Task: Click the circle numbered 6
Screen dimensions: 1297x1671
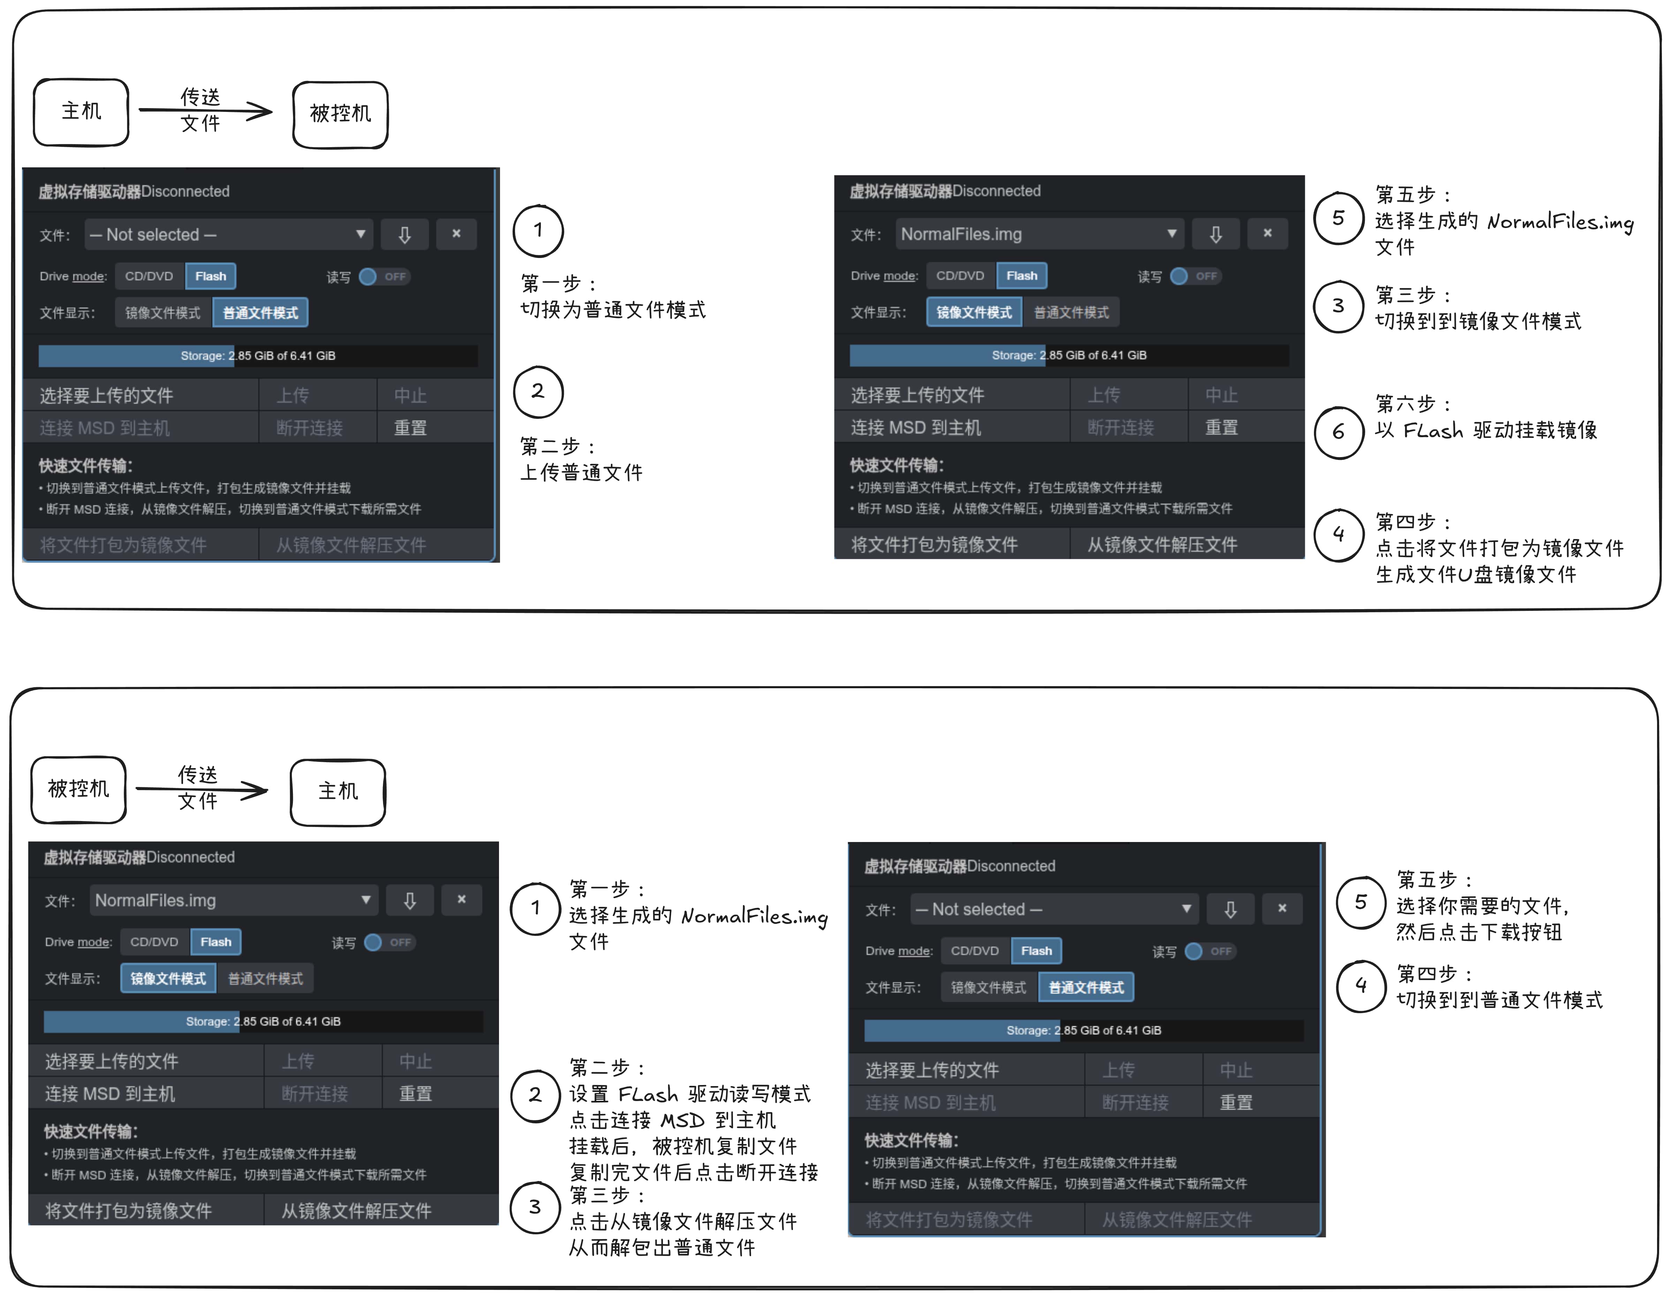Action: pos(1338,432)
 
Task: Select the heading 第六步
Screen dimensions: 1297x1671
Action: pos(1412,403)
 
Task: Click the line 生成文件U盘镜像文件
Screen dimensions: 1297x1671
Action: pos(1475,575)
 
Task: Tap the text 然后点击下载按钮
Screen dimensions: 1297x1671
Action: pos(1478,932)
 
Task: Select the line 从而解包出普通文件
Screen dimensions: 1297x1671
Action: pos(661,1248)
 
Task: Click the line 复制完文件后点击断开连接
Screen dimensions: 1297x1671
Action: pos(693,1172)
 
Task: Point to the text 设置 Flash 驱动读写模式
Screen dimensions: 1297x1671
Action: pos(689,1094)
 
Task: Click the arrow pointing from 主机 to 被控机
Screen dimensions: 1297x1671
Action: pos(205,111)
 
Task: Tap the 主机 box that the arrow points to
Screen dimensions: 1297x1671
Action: pos(338,792)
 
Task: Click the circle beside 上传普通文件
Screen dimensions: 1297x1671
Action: pos(538,392)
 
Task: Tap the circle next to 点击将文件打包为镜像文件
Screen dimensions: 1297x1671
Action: pos(1338,535)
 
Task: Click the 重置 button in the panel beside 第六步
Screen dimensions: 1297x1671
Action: pos(1221,428)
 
